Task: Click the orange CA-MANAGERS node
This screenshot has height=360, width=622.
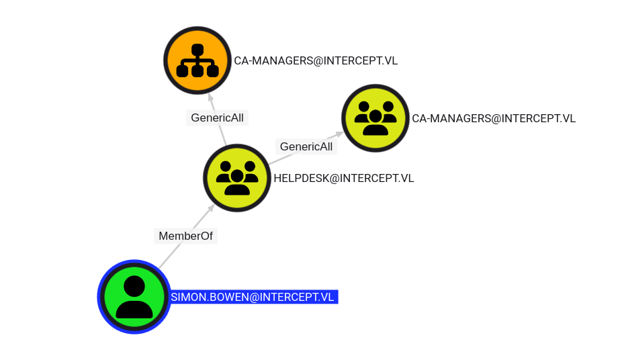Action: point(197,60)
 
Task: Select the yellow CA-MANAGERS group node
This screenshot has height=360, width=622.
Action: point(375,118)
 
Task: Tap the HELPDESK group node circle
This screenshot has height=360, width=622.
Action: point(237,178)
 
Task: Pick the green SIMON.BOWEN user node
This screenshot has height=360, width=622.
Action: point(134,297)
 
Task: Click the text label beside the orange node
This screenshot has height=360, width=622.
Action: point(316,60)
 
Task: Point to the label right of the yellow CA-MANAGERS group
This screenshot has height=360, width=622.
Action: point(494,118)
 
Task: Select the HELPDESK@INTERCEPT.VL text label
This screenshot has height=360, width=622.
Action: point(344,178)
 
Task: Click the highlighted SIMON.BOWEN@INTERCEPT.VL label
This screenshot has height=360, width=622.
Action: point(253,297)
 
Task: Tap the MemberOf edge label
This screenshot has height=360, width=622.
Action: point(185,236)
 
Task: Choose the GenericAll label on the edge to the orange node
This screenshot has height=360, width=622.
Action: point(217,118)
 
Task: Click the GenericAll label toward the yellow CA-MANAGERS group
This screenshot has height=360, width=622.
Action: point(306,146)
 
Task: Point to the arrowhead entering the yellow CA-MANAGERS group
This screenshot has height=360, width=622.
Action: point(340,134)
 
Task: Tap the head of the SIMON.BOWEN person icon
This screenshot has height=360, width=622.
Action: point(134,286)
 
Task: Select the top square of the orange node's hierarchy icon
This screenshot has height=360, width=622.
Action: point(197,49)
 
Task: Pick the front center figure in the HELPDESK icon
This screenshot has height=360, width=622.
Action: point(237,181)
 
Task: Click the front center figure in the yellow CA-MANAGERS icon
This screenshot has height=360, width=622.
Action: point(375,122)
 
